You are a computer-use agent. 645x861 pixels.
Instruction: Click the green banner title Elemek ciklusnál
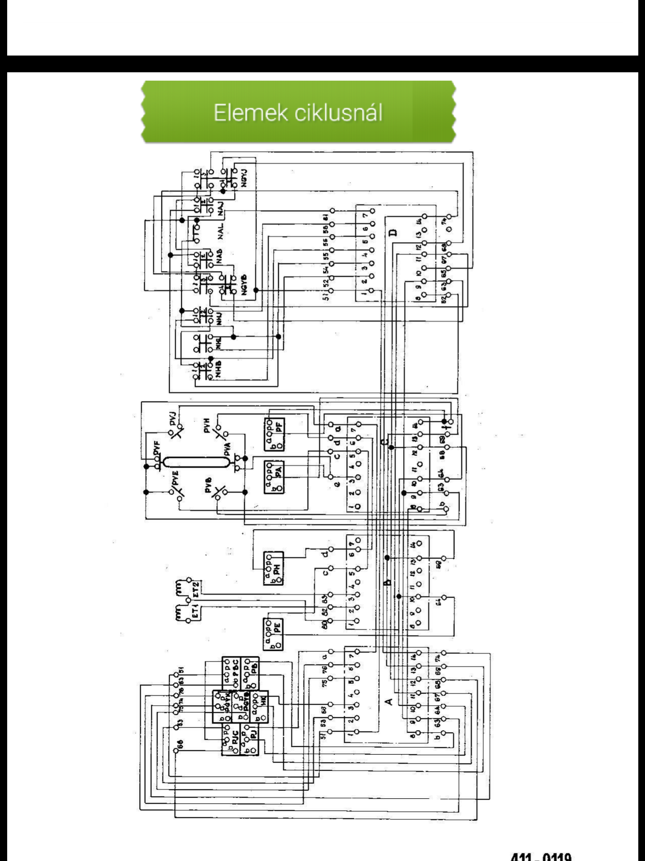(x=298, y=113)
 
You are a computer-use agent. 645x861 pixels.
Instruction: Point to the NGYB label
(x=244, y=287)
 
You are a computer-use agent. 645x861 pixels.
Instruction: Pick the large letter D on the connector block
(x=393, y=233)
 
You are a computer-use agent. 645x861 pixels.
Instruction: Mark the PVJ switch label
(x=174, y=420)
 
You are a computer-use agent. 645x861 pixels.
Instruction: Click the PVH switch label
(x=207, y=430)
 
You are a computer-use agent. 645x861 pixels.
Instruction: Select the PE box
(x=274, y=634)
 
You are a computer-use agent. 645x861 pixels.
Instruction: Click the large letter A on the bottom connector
(x=389, y=700)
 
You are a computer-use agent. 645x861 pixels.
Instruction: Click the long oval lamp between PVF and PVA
(x=194, y=463)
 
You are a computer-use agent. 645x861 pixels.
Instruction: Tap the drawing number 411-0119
(x=541, y=856)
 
